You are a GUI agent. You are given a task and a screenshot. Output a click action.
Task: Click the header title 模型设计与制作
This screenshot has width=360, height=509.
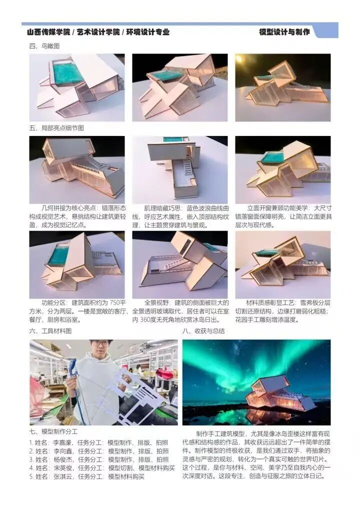pos(284,32)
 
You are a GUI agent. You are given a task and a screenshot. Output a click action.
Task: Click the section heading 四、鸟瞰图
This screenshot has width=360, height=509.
pos(44,46)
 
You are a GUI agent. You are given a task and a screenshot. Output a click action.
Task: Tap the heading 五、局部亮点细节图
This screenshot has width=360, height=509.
pos(56,128)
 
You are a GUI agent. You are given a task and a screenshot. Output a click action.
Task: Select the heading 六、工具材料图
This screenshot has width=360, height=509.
pos(50,331)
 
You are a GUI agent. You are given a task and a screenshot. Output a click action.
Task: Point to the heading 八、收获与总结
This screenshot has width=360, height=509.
pos(203,331)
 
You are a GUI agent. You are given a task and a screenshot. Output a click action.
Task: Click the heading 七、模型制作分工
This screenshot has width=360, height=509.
pos(53,431)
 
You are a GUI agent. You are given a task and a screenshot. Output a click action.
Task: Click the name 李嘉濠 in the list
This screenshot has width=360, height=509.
pos(62,442)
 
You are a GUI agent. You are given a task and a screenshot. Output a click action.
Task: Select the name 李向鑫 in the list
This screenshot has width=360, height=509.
pos(62,451)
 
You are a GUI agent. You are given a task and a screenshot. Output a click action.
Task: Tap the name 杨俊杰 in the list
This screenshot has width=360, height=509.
pos(62,459)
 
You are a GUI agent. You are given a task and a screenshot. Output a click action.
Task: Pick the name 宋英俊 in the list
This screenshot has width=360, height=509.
pos(62,468)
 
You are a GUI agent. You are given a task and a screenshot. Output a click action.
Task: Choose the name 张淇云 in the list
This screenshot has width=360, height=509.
pos(62,476)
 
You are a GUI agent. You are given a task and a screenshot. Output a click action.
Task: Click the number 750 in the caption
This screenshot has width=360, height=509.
pos(115,303)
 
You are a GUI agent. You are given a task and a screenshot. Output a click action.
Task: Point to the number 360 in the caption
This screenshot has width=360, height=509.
pos(146,319)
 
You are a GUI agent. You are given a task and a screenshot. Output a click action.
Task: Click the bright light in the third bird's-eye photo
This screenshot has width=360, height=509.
pos(239,58)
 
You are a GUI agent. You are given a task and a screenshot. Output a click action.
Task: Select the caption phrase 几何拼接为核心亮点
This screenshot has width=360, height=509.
pos(69,208)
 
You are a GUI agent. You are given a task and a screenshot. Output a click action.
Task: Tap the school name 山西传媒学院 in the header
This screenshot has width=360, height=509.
pos(48,32)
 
